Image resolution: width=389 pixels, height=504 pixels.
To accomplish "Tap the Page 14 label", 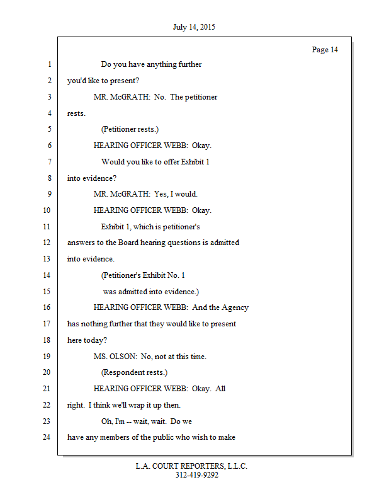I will [325, 50].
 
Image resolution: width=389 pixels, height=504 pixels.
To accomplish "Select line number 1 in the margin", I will [48, 64].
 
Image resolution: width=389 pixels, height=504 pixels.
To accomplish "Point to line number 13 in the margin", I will [47, 259].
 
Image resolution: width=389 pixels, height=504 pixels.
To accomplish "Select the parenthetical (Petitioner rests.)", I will [130, 129].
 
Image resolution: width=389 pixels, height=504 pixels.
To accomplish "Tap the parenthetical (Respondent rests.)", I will [134, 372].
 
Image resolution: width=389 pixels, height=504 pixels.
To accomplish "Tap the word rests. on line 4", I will [76, 113].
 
